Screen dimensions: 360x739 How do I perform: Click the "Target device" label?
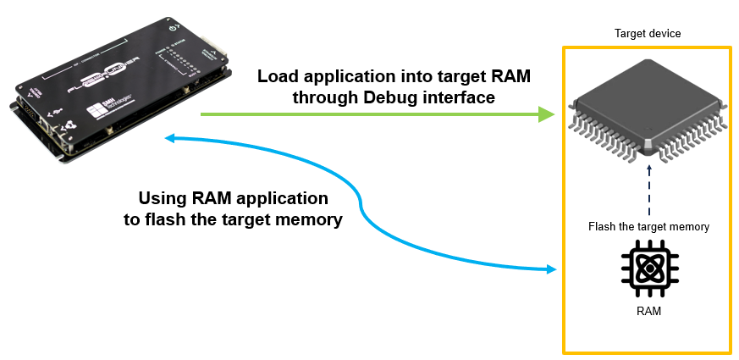[647, 33]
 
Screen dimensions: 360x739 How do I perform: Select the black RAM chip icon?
[648, 269]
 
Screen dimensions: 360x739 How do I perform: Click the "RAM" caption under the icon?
[648, 312]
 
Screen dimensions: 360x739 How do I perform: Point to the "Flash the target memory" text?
[648, 226]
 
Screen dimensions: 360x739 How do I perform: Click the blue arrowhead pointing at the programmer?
[172, 138]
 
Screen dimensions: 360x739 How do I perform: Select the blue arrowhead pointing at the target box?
[551, 269]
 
